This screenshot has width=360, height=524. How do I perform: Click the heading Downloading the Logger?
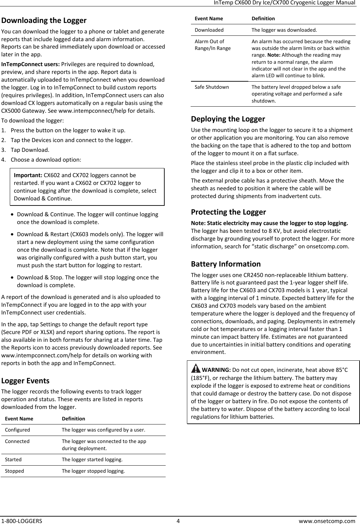coord(44,21)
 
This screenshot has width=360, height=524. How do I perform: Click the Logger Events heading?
coord(25,381)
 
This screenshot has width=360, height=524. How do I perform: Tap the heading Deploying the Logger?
coord(228,119)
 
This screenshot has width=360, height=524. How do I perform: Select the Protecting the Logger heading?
coord(228,212)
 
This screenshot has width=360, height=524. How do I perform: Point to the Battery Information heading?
coord(226,264)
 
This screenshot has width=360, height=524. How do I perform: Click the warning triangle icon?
coord(195,369)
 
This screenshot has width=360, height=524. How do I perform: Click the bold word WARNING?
coord(216,370)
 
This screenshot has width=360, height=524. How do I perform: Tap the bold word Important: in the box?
coord(28,175)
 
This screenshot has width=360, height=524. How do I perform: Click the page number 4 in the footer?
coord(178,521)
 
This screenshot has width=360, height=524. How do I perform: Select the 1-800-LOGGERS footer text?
coord(22,521)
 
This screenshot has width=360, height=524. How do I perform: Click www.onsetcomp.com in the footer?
coord(327,521)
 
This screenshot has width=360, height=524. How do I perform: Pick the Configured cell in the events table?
coord(17,430)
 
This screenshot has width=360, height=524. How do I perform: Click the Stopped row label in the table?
coord(14,471)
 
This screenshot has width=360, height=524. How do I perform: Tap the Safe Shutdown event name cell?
coord(212,87)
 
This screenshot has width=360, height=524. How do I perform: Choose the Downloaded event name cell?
coord(209,30)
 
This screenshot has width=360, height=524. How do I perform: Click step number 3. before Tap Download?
coord(4,150)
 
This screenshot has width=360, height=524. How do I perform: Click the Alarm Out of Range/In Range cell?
coord(213,45)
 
